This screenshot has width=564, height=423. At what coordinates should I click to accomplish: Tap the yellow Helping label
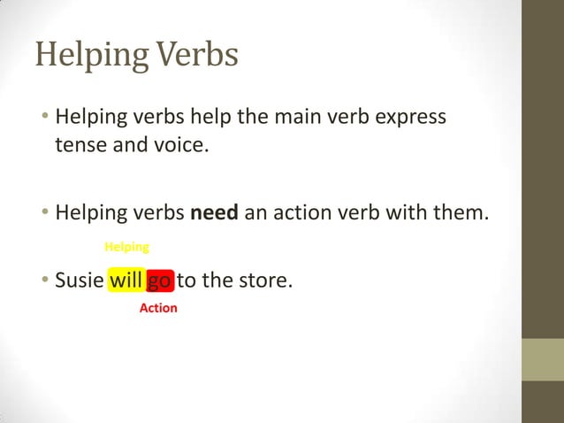(x=127, y=246)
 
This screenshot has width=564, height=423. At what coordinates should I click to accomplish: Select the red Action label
(x=158, y=308)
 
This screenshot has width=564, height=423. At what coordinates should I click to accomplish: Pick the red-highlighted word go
(x=160, y=282)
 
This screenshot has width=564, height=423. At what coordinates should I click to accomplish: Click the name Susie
(x=79, y=281)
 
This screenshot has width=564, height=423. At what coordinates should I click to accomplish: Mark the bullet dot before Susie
(x=44, y=282)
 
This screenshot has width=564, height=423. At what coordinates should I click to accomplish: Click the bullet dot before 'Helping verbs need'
(x=44, y=214)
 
